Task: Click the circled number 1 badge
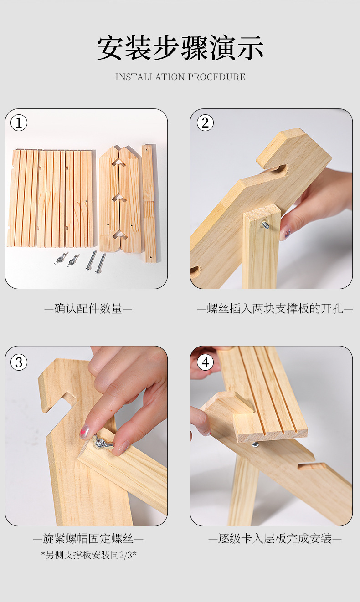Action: click(x=19, y=123)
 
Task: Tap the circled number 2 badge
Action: click(x=205, y=123)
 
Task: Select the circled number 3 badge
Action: click(x=19, y=362)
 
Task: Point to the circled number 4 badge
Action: click(x=205, y=362)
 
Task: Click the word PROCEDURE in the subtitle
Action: click(x=216, y=77)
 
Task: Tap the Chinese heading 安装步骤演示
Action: click(x=180, y=48)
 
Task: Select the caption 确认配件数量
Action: click(x=88, y=309)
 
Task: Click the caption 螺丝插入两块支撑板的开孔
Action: click(x=275, y=309)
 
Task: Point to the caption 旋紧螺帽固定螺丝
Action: click(x=88, y=539)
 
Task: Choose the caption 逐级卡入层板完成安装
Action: click(x=275, y=539)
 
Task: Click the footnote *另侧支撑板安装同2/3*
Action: click(x=88, y=555)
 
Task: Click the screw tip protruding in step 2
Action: click(x=265, y=224)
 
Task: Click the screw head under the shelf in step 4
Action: click(x=255, y=444)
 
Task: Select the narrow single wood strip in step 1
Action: click(x=149, y=204)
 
